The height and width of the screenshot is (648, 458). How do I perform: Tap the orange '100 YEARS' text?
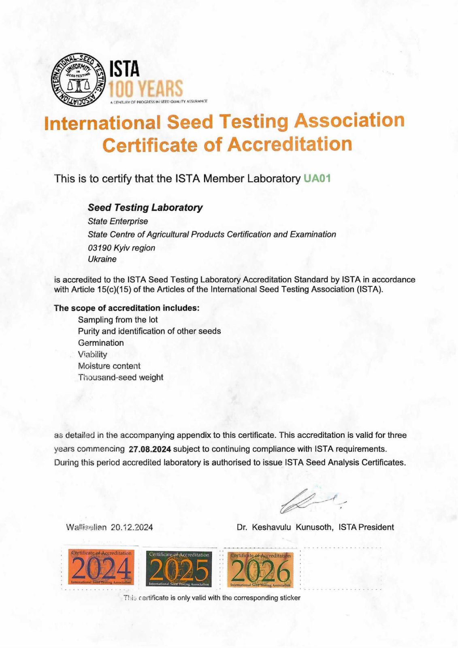(146, 88)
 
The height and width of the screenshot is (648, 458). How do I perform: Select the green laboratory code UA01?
(317, 179)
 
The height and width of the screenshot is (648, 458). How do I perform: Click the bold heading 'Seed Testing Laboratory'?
(145, 207)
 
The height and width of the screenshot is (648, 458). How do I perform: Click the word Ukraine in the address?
(102, 259)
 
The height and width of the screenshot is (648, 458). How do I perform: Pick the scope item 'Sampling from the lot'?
(118, 320)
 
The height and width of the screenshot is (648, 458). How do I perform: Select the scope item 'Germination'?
(101, 343)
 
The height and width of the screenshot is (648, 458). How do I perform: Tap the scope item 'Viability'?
(92, 354)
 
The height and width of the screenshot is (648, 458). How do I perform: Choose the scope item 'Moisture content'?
(109, 366)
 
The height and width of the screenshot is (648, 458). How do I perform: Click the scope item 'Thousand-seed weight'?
(120, 377)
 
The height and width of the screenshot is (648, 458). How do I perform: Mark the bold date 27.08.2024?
(150, 449)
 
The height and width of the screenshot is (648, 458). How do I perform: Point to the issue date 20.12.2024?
(132, 527)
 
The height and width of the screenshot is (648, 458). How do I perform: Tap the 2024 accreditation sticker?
(101, 567)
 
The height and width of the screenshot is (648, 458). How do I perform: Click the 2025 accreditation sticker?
(179, 569)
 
